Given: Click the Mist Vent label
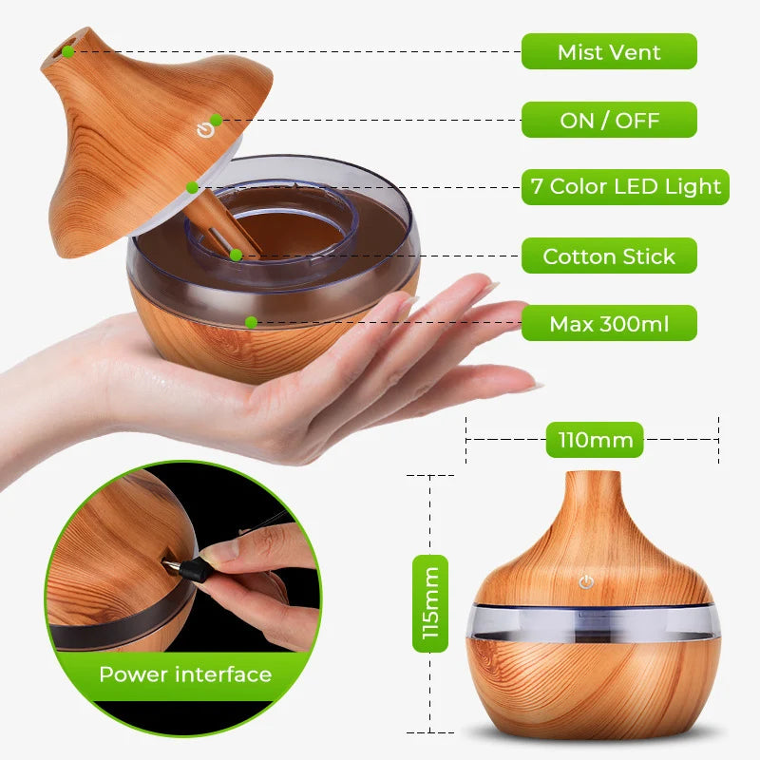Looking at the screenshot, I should [609, 51].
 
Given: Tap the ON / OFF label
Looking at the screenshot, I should [609, 121].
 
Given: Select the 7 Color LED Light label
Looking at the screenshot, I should [626, 187].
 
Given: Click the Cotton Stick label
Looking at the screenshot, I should [609, 256].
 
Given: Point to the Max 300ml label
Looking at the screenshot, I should [609, 324].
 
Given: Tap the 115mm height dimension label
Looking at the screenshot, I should [429, 603].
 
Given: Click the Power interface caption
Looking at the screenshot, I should [185, 674].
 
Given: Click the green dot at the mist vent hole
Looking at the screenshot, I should [69, 51].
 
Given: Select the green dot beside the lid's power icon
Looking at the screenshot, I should [217, 120].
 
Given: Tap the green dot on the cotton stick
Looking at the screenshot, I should [235, 255].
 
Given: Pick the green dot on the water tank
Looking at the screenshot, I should [251, 322].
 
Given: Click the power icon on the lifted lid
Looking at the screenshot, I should [204, 129].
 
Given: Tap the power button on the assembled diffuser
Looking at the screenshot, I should [586, 581].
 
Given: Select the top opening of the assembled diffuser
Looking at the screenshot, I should [590, 474].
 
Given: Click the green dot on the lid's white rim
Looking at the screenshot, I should [192, 187].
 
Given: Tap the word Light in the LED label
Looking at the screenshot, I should [693, 187].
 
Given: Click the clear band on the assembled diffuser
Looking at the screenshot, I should [589, 622].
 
